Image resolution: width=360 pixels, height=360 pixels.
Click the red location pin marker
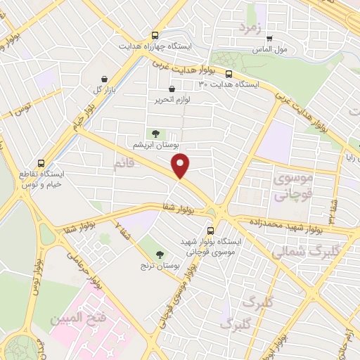[181, 166]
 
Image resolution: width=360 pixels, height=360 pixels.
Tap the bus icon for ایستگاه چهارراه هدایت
[155, 34]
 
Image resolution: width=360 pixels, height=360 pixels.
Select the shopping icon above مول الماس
[269, 39]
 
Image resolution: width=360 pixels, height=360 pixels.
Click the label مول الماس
[269, 51]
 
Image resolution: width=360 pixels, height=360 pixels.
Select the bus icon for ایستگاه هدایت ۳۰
[229, 72]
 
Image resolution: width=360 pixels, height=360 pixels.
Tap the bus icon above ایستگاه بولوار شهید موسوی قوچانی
[211, 229]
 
